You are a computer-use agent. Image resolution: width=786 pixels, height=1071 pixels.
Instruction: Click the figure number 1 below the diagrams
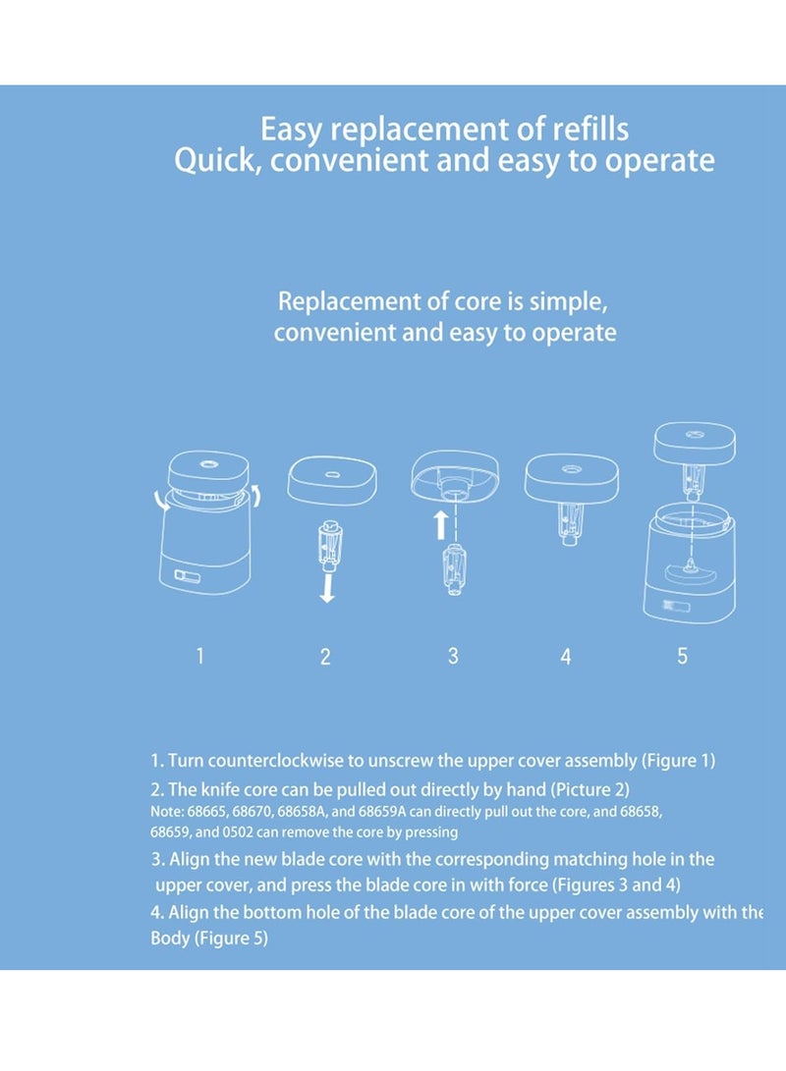click(x=199, y=656)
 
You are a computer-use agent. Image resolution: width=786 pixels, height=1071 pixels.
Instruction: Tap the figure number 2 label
click(x=325, y=657)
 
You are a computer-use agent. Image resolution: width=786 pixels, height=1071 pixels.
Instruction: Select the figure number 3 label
click(x=453, y=656)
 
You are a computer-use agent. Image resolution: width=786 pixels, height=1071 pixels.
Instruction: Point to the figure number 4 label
click(x=566, y=657)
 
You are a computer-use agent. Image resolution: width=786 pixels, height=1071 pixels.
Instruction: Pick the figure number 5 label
click(x=682, y=656)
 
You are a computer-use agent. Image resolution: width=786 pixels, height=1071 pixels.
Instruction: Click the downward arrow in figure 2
click(x=327, y=588)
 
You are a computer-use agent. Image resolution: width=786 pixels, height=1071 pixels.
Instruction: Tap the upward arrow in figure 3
click(x=441, y=525)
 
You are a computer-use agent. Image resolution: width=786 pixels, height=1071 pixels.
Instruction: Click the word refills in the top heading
click(x=590, y=130)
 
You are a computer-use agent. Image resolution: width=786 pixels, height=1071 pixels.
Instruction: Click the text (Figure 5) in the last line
click(x=231, y=937)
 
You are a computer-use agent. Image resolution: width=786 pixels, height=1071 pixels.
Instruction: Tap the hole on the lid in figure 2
click(x=331, y=475)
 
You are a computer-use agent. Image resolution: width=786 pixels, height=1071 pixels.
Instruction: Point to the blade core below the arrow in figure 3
click(x=453, y=568)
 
